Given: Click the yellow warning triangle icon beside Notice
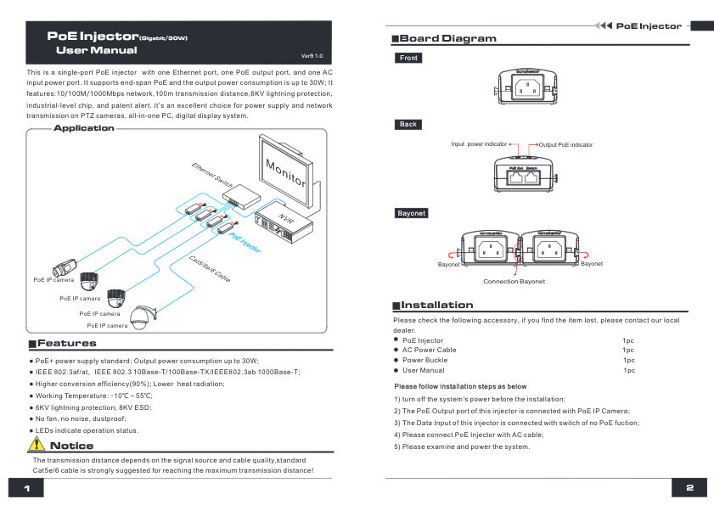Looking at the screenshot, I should click(37, 445).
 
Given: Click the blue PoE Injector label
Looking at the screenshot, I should click(245, 244).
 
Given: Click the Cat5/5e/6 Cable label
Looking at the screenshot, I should click(209, 267).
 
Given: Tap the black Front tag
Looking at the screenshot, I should click(408, 59).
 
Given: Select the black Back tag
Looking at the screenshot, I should click(408, 125).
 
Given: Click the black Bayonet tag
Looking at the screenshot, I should click(411, 213).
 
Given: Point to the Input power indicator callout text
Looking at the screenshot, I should click(479, 145).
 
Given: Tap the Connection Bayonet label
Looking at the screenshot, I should click(514, 281).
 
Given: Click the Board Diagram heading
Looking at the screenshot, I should click(447, 39).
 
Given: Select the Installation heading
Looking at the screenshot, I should click(436, 305).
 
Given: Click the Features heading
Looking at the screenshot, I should click(66, 344).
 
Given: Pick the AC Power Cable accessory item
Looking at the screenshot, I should click(429, 350).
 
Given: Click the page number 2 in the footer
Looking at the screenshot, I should click(689, 489).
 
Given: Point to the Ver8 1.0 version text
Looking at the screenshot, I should click(312, 54).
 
